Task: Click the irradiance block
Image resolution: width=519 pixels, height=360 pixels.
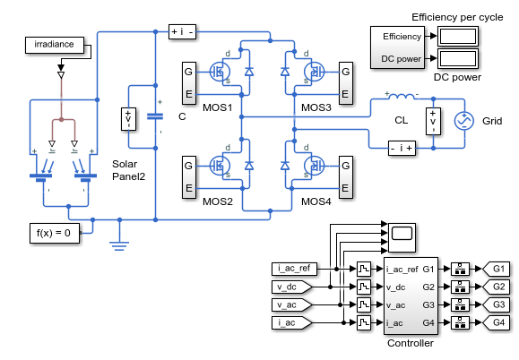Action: [55, 45]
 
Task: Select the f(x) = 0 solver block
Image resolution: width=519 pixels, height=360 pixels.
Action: [55, 233]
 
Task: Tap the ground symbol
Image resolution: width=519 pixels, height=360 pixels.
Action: [119, 245]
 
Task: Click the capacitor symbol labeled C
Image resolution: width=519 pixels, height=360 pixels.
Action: [155, 116]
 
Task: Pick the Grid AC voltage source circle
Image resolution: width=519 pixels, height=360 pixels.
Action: [464, 121]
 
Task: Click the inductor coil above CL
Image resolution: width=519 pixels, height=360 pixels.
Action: [402, 96]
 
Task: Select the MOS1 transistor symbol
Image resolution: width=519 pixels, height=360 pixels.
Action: [220, 72]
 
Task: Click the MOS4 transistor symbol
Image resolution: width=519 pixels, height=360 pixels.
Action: [314, 166]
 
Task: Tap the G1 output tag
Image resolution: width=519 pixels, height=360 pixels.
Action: [497, 269]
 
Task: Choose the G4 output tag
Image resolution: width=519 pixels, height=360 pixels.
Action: [497, 322]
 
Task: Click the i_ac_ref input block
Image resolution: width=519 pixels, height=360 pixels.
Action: [294, 269]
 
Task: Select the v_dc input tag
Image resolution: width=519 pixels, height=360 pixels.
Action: [291, 287]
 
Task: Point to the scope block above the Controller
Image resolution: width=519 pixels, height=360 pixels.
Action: [402, 237]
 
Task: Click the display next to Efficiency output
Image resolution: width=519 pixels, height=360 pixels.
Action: [458, 36]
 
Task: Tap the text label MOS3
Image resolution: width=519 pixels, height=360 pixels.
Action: [316, 107]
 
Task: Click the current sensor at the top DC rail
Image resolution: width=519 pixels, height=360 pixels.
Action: [182, 32]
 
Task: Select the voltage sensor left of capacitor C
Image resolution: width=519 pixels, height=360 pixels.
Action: [128, 119]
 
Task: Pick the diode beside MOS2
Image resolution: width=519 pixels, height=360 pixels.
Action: [249, 166]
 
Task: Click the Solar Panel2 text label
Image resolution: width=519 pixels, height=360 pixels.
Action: [128, 170]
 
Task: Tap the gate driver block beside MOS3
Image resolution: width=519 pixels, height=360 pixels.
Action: [346, 83]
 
